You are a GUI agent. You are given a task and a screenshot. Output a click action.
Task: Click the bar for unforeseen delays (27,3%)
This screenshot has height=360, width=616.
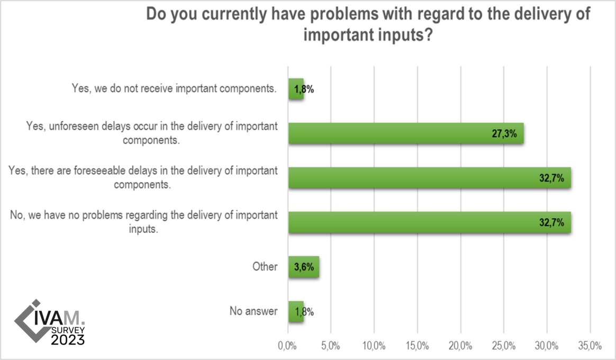pyautogui.click(x=406, y=133)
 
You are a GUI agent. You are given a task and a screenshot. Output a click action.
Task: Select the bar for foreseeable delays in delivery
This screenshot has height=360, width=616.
pyautogui.click(x=429, y=178)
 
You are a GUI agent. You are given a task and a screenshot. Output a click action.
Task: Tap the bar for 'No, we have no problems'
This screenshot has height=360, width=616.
pyautogui.click(x=429, y=223)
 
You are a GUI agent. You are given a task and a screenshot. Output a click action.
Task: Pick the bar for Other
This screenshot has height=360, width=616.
pyautogui.click(x=303, y=267)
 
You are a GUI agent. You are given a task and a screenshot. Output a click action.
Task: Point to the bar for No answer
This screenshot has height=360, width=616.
pyautogui.click(x=296, y=312)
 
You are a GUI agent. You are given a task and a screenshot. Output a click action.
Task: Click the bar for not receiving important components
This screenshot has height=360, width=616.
pyautogui.click(x=296, y=89)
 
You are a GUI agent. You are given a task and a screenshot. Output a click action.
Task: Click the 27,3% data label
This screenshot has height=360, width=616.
pyautogui.click(x=505, y=134)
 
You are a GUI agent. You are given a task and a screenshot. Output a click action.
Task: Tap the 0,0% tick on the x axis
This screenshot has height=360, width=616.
pyautogui.click(x=288, y=347)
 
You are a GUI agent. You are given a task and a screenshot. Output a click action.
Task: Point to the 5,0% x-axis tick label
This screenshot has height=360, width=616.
pyautogui.click(x=331, y=347)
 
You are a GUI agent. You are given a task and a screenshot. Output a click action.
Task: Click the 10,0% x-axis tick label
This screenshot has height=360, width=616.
pyautogui.click(x=374, y=347)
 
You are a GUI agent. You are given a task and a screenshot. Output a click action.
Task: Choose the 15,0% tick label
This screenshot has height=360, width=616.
pyautogui.click(x=417, y=347)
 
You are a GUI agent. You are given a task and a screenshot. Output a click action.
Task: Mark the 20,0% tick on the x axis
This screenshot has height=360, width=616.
pyautogui.click(x=460, y=347)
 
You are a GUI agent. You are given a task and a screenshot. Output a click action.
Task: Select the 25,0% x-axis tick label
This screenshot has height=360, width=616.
pyautogui.click(x=503, y=347)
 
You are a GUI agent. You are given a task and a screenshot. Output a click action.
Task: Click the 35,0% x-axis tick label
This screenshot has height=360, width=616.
pyautogui.click(x=590, y=347)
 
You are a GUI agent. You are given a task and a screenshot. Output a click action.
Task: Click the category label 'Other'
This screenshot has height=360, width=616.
pyautogui.click(x=265, y=267)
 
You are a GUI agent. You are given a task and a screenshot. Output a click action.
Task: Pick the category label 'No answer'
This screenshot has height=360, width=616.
pyautogui.click(x=253, y=311)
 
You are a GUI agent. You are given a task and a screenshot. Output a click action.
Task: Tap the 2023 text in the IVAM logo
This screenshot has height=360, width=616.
pyautogui.click(x=68, y=339)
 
